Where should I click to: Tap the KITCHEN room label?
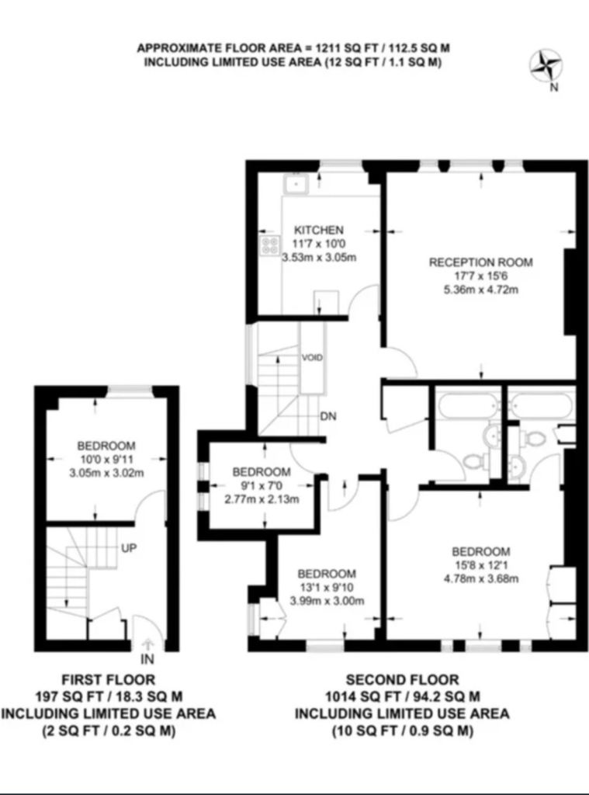pyautogui.click(x=318, y=230)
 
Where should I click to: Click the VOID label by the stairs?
pyautogui.click(x=313, y=358)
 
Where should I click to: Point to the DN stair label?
pyautogui.click(x=327, y=416)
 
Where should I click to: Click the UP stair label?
pyautogui.click(x=129, y=548)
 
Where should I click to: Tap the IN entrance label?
pyautogui.click(x=147, y=660)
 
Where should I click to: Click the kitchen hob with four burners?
pyautogui.click(x=272, y=246)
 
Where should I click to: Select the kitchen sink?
pyautogui.click(x=296, y=184)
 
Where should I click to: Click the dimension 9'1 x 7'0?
pyautogui.click(x=262, y=486)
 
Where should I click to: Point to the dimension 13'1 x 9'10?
pyautogui.click(x=326, y=587)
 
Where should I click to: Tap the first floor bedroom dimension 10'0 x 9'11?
pyautogui.click(x=106, y=459)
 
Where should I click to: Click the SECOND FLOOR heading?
pyautogui.click(x=402, y=680)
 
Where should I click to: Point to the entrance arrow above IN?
pyautogui.click(x=148, y=644)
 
